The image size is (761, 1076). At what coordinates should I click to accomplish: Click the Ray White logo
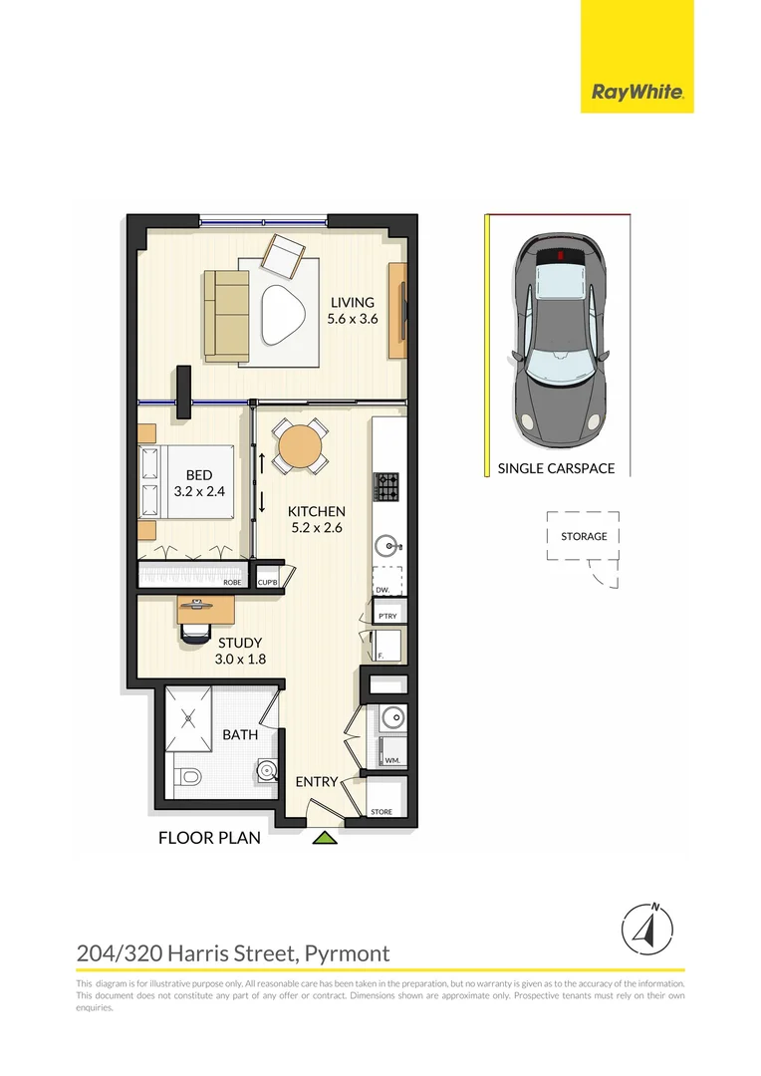[x=637, y=93]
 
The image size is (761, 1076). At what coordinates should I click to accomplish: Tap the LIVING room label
[x=353, y=303]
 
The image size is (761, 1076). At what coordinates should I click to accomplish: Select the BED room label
[x=199, y=475]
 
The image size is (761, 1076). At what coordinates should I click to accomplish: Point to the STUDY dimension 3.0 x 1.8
[x=239, y=659]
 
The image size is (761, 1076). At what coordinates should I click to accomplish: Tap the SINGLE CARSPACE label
[x=556, y=468]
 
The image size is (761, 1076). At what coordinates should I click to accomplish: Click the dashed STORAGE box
[x=583, y=537]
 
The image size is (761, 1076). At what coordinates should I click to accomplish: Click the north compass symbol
[x=645, y=930]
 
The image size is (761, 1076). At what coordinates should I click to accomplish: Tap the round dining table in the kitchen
[x=299, y=446]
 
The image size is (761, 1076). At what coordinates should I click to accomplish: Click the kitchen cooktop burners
[x=385, y=487]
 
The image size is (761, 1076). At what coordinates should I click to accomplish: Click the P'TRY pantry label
[x=387, y=617]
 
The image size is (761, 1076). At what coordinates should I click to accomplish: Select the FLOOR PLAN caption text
[x=209, y=838]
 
